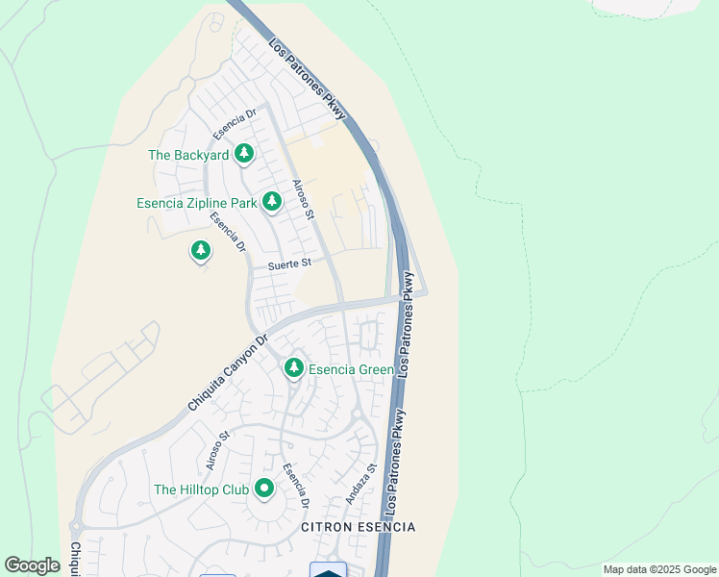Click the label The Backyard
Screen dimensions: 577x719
coord(188,155)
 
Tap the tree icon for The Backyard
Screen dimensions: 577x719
coord(244,153)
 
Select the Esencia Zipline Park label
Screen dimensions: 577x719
coord(196,203)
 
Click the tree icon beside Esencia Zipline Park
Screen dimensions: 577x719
coord(273,200)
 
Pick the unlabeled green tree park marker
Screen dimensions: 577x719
coord(200,251)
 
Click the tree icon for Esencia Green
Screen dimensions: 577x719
coord(294,367)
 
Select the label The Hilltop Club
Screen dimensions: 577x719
coord(201,489)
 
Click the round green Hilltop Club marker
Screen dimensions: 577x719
coord(263,489)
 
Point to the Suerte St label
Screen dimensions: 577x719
coord(290,263)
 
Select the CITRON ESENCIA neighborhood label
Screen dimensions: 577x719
coord(358,528)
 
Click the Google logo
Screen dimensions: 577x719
coord(33,565)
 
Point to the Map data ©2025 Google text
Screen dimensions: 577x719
coord(658,569)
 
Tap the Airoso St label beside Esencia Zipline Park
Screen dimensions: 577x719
coord(303,199)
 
